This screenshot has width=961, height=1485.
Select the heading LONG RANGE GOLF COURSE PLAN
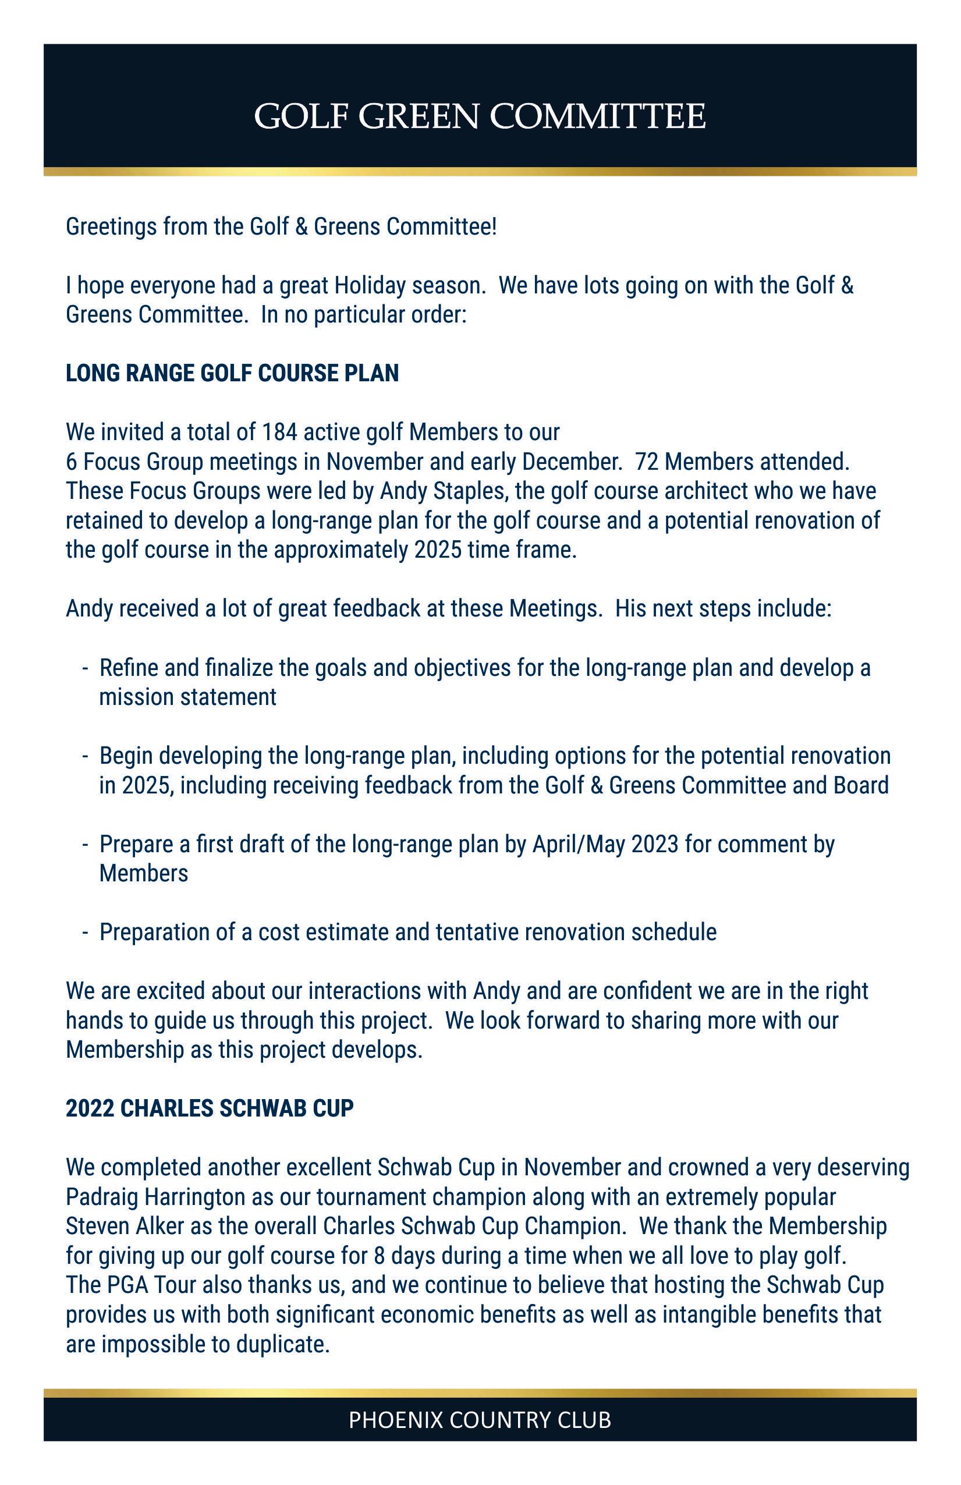click(x=232, y=373)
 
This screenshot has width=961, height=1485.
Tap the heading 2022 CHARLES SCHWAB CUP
click(x=210, y=1108)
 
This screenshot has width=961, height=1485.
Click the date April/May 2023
click(x=605, y=844)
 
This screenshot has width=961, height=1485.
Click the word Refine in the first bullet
click(x=129, y=668)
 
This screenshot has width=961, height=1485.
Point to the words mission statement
click(x=187, y=697)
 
